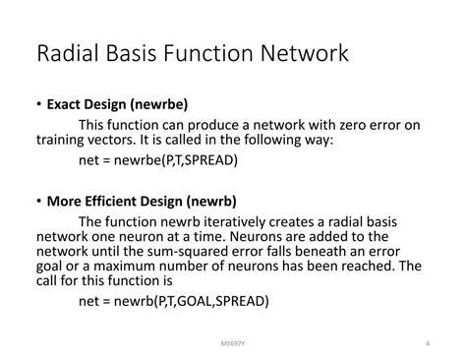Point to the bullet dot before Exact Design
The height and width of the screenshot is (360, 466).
[37, 104]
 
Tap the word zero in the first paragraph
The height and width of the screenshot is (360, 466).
[349, 123]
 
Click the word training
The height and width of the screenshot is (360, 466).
[63, 141]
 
